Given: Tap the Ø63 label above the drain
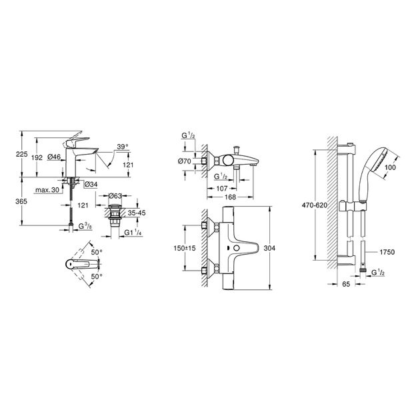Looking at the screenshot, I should coord(114,197).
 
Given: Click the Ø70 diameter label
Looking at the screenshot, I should coord(186,161).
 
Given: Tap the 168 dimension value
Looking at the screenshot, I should coord(229,197).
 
